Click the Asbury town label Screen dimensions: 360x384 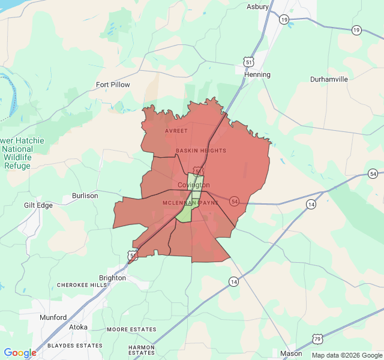258,7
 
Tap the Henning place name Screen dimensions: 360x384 257,74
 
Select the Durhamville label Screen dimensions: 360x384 329,79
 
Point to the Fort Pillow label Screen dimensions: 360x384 113,85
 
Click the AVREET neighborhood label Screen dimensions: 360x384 176,130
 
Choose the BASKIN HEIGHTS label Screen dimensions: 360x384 201,151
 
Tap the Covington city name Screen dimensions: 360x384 194,185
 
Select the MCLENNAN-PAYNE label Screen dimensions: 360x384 188,203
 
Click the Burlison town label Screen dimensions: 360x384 85,196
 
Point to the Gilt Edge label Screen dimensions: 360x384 38,205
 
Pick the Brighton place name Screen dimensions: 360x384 112,278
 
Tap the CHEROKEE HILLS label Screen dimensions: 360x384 82,285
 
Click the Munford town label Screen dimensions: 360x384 53,317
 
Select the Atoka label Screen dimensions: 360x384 78,327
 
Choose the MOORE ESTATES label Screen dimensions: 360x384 131,329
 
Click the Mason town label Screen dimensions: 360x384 292,353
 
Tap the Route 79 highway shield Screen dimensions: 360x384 316,340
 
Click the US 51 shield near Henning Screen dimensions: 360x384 248,61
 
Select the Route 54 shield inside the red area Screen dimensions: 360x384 234,201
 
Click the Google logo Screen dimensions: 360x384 20,353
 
